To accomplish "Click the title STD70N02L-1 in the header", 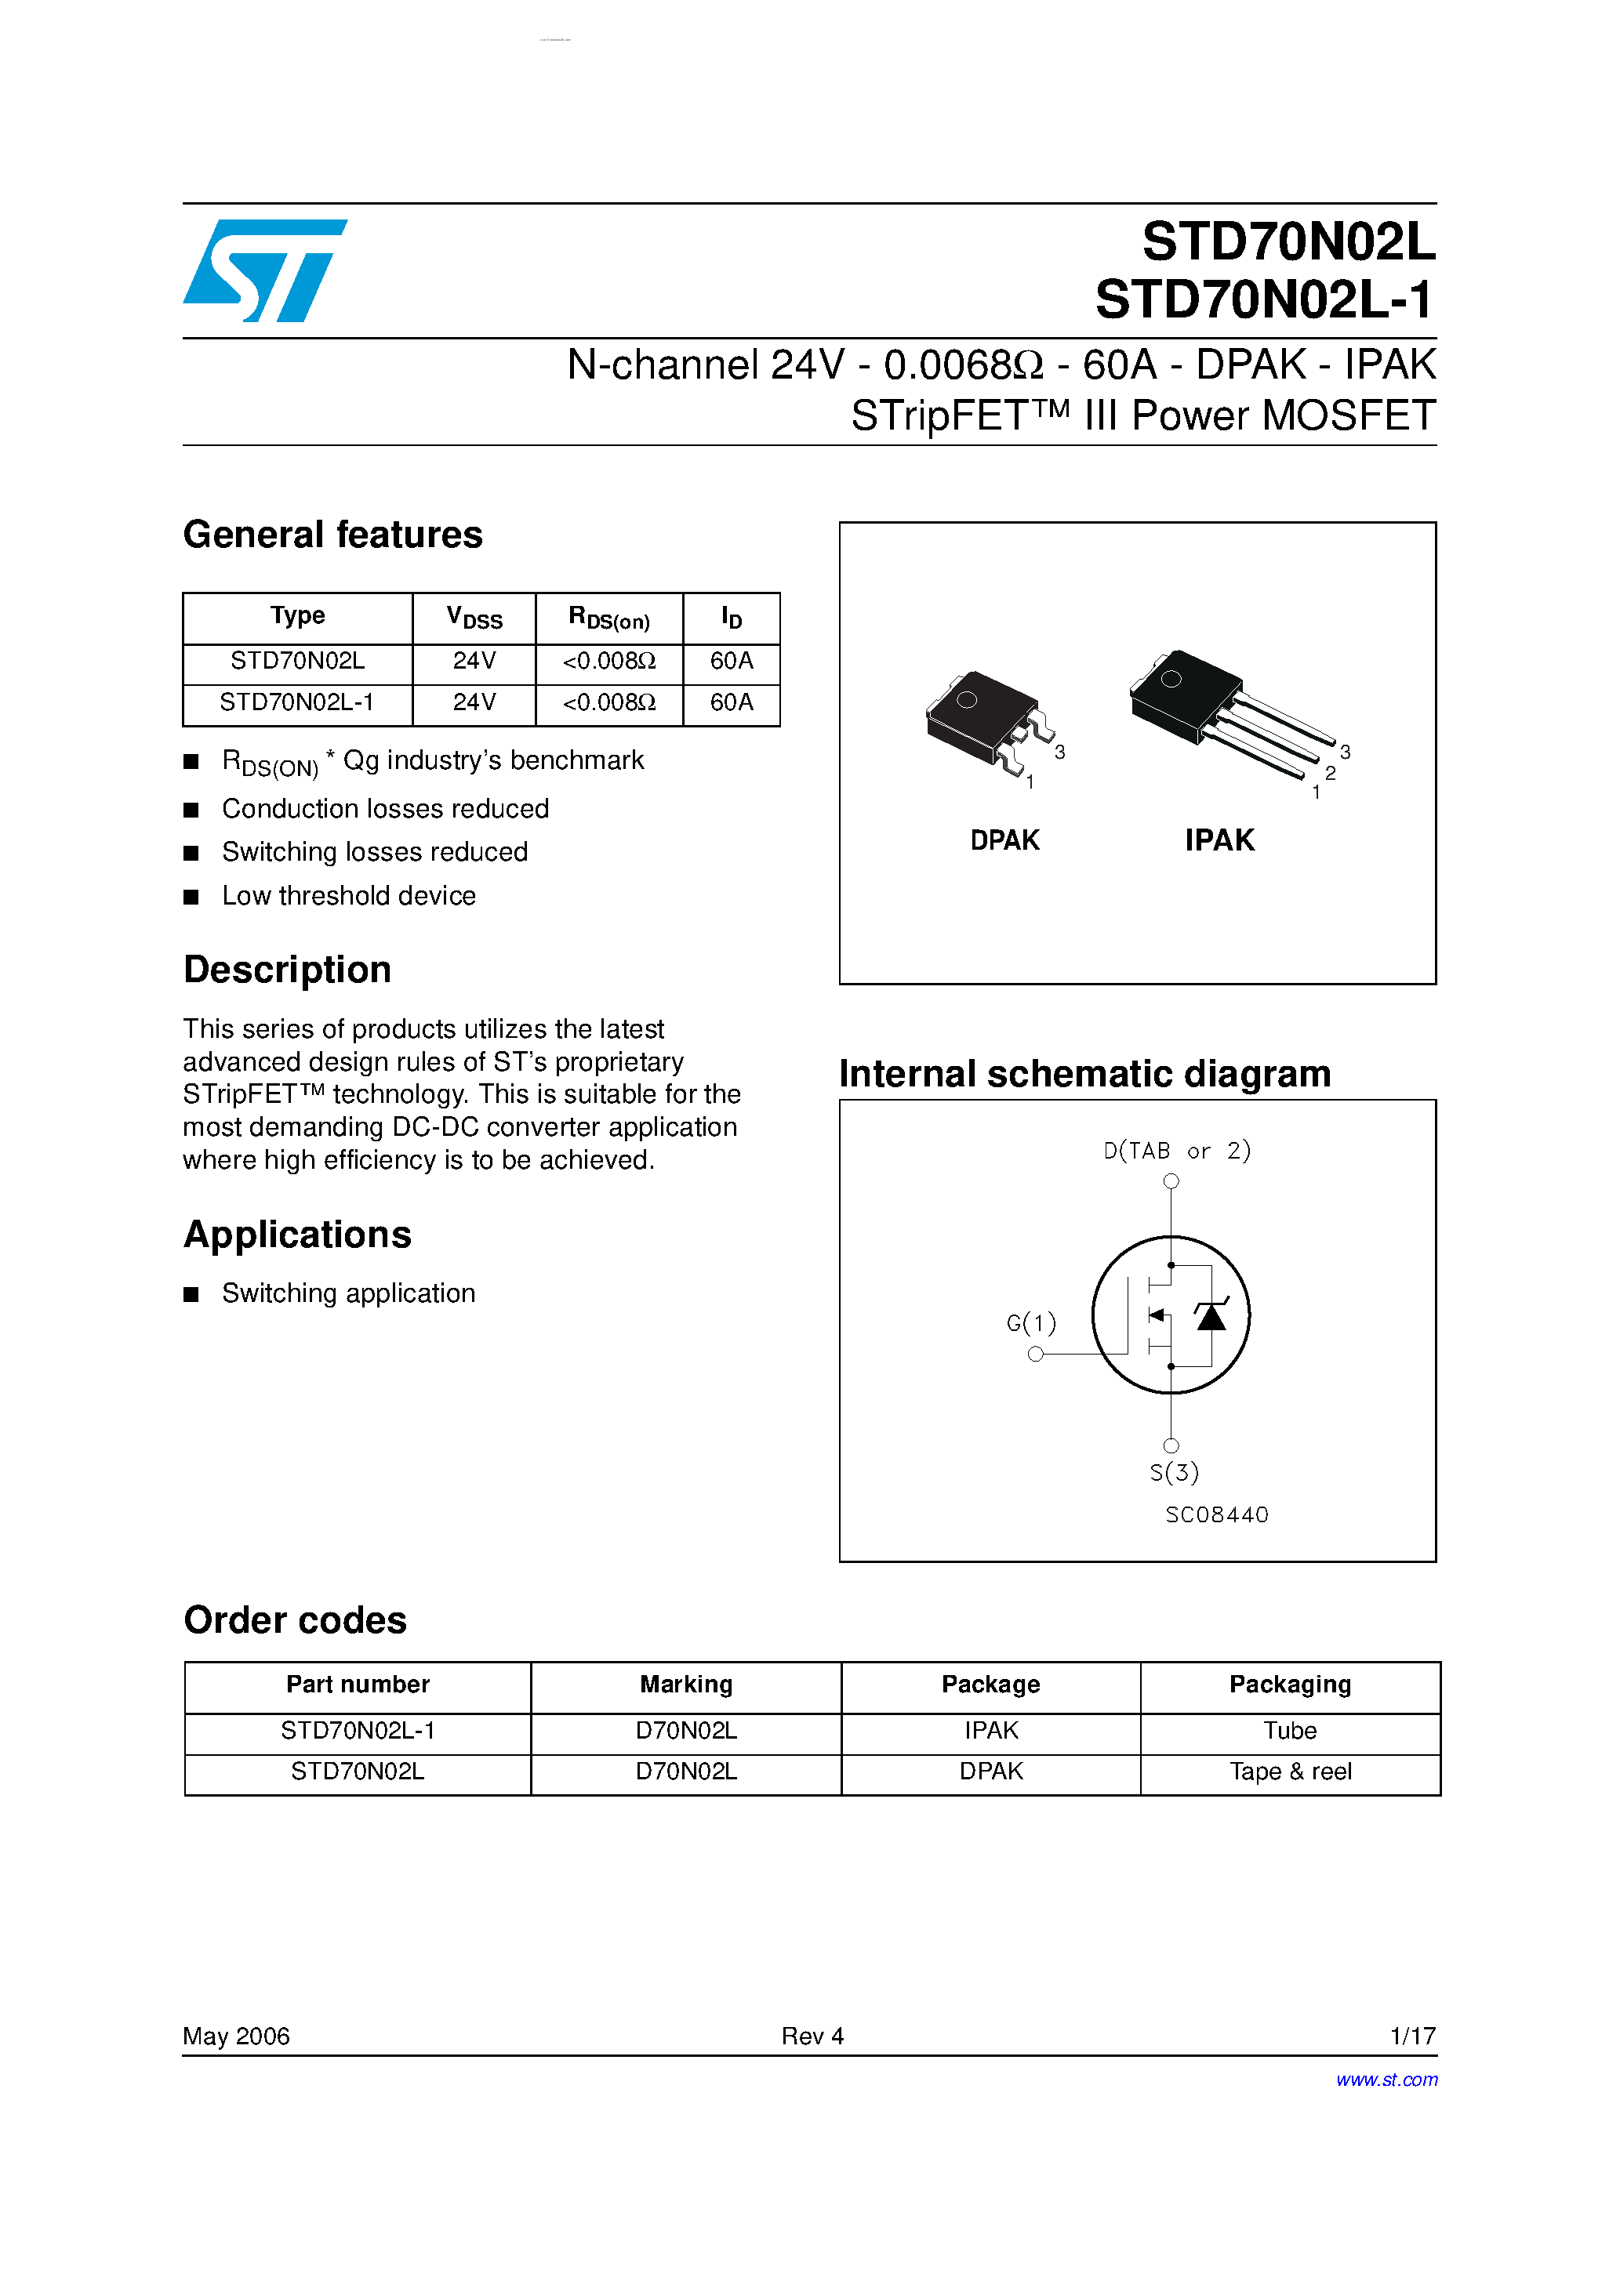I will click(1265, 299).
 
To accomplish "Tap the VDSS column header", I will click(474, 618).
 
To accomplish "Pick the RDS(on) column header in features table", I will click(609, 618).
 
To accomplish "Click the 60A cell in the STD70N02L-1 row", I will click(731, 703).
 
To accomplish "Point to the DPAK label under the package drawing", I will click(1004, 840).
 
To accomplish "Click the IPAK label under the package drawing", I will click(1219, 840).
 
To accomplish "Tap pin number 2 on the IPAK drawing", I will click(1331, 774).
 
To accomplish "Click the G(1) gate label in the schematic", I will click(1030, 1324).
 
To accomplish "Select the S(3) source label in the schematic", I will click(1174, 1472).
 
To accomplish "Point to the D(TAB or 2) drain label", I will click(1176, 1151).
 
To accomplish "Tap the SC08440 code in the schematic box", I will click(1216, 1515).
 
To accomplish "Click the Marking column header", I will click(686, 1685).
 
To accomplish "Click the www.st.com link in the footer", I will click(1386, 2080).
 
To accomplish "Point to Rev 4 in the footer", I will click(812, 2036).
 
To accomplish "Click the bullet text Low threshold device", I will click(349, 897).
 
